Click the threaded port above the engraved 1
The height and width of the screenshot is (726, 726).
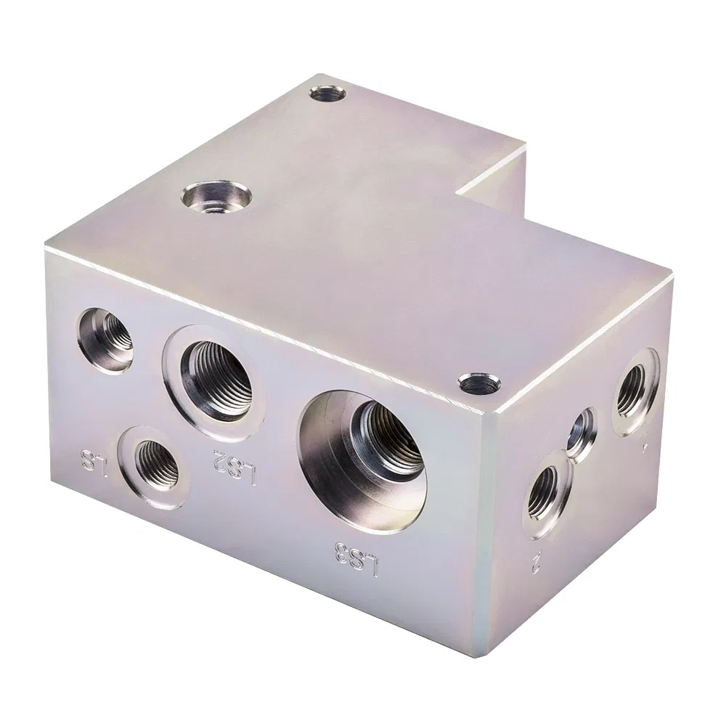(634, 390)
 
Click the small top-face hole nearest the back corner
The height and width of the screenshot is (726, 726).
(325, 94)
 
